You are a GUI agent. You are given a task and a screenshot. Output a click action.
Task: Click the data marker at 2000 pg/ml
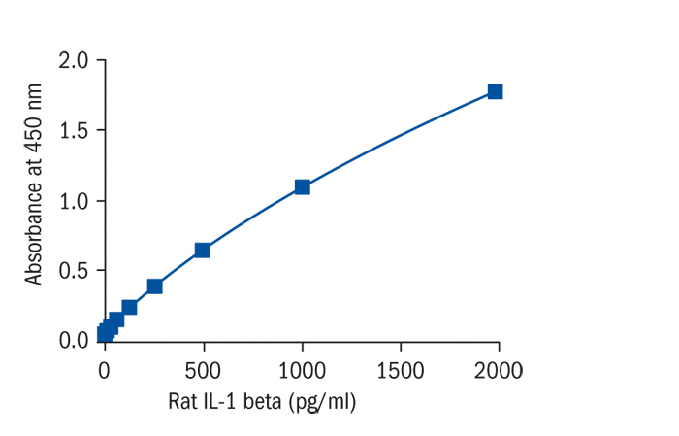pyautogui.click(x=495, y=91)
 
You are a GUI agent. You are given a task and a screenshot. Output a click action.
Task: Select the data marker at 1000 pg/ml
pyautogui.click(x=302, y=186)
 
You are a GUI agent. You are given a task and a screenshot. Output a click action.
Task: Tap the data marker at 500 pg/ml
pyautogui.click(x=202, y=250)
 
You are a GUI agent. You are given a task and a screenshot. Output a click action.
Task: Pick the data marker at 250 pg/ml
pyautogui.click(x=154, y=285)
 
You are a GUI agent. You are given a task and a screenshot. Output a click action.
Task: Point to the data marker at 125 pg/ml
pyautogui.click(x=129, y=307)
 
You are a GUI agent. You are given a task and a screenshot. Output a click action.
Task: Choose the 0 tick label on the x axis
pyautogui.click(x=104, y=370)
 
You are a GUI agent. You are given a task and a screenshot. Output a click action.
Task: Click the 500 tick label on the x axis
pyautogui.click(x=203, y=370)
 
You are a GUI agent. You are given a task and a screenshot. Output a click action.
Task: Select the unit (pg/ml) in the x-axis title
pyautogui.click(x=322, y=401)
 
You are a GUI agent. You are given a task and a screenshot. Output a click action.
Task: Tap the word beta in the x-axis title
pyautogui.click(x=263, y=401)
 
